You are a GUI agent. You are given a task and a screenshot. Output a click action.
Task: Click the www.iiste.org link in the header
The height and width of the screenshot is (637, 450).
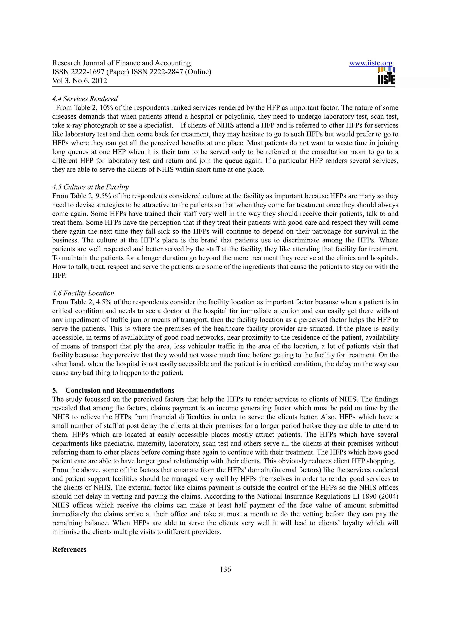coord(370,63)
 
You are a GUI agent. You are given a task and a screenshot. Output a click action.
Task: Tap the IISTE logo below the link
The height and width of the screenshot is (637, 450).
coord(386,76)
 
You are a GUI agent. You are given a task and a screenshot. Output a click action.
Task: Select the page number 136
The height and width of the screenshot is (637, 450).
coord(225,569)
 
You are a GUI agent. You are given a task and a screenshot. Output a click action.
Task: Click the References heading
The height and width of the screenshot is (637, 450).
coord(69,549)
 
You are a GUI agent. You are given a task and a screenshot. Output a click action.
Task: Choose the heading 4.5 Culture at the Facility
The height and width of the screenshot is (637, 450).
coord(90,187)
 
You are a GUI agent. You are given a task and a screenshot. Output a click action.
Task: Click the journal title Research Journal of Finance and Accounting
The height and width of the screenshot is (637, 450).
coord(122,63)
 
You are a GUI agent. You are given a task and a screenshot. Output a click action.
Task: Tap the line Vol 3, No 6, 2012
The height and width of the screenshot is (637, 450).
coord(80,81)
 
